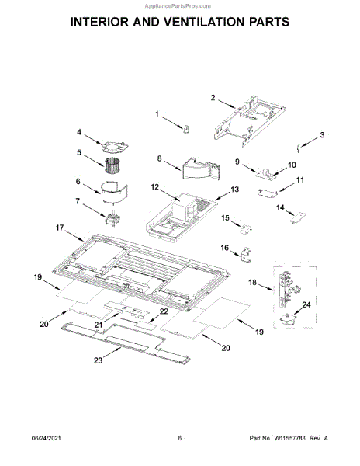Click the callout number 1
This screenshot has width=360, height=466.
[157, 114]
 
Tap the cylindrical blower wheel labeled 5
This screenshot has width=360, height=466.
[112, 166]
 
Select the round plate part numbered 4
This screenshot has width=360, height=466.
[115, 147]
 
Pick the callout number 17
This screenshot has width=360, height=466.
[60, 228]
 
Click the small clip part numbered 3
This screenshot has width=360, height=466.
[299, 148]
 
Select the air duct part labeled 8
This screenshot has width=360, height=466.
[201, 169]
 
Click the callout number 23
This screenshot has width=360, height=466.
[98, 360]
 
